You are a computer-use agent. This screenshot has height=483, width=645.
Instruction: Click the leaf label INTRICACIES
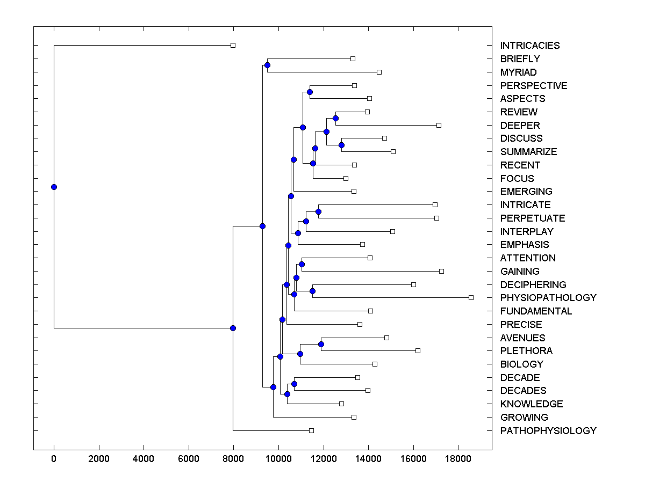[x=529, y=46]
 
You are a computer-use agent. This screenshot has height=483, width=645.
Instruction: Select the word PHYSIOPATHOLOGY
[x=548, y=298]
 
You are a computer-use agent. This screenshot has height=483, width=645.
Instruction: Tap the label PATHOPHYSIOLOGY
[x=548, y=431]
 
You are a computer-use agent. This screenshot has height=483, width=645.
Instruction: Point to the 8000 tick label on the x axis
[x=233, y=459]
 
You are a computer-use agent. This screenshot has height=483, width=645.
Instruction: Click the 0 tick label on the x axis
[x=54, y=459]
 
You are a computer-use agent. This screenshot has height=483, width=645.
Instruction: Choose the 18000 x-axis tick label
[x=458, y=459]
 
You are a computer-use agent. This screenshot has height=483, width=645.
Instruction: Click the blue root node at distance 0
[x=54, y=187]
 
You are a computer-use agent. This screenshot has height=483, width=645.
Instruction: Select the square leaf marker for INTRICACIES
[x=233, y=46]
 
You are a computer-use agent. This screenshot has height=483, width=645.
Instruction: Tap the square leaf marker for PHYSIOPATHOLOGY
[x=471, y=297]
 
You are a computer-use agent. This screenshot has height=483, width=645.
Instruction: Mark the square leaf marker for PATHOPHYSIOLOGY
[x=311, y=430]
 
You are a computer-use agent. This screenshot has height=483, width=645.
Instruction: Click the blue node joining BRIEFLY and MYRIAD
[x=267, y=65]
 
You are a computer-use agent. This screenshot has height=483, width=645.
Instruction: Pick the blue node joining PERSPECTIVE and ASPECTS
[x=310, y=92]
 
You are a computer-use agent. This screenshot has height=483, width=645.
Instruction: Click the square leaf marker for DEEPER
[x=439, y=125]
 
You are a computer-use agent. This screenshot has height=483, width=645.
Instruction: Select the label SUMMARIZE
[x=528, y=152]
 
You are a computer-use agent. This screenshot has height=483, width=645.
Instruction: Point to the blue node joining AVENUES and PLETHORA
[x=321, y=344]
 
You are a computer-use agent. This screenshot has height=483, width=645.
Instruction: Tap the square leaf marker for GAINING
[x=441, y=271]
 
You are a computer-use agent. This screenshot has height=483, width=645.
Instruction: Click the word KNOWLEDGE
[x=531, y=404]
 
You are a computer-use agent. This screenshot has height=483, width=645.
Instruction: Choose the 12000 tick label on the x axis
[x=323, y=459]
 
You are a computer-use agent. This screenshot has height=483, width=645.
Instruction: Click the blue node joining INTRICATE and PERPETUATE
[x=318, y=211]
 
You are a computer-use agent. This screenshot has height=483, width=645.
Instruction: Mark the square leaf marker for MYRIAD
[x=379, y=72]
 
